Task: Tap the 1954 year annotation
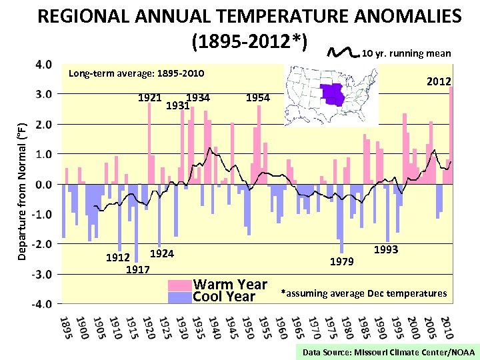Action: coord(258,98)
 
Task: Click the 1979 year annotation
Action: coord(341,262)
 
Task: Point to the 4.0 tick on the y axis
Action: coord(42,65)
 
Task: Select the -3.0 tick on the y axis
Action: coord(41,274)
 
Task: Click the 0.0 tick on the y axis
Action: coord(42,184)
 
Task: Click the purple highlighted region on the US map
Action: coord(333,94)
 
